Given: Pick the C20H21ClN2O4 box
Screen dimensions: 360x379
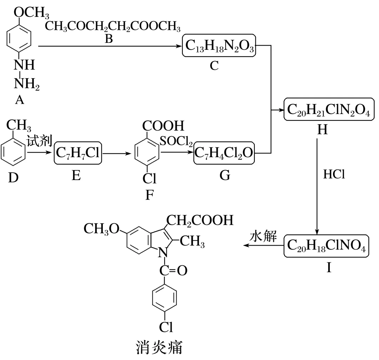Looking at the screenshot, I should (329, 109).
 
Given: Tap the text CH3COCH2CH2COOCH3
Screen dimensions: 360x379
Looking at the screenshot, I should (112, 26).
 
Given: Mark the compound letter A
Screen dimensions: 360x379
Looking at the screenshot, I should (20, 101).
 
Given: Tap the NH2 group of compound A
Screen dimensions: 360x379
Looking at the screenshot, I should (25, 85).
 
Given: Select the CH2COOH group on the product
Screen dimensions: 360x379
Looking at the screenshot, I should (199, 220).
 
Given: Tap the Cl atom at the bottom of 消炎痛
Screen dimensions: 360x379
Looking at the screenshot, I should (165, 327).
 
